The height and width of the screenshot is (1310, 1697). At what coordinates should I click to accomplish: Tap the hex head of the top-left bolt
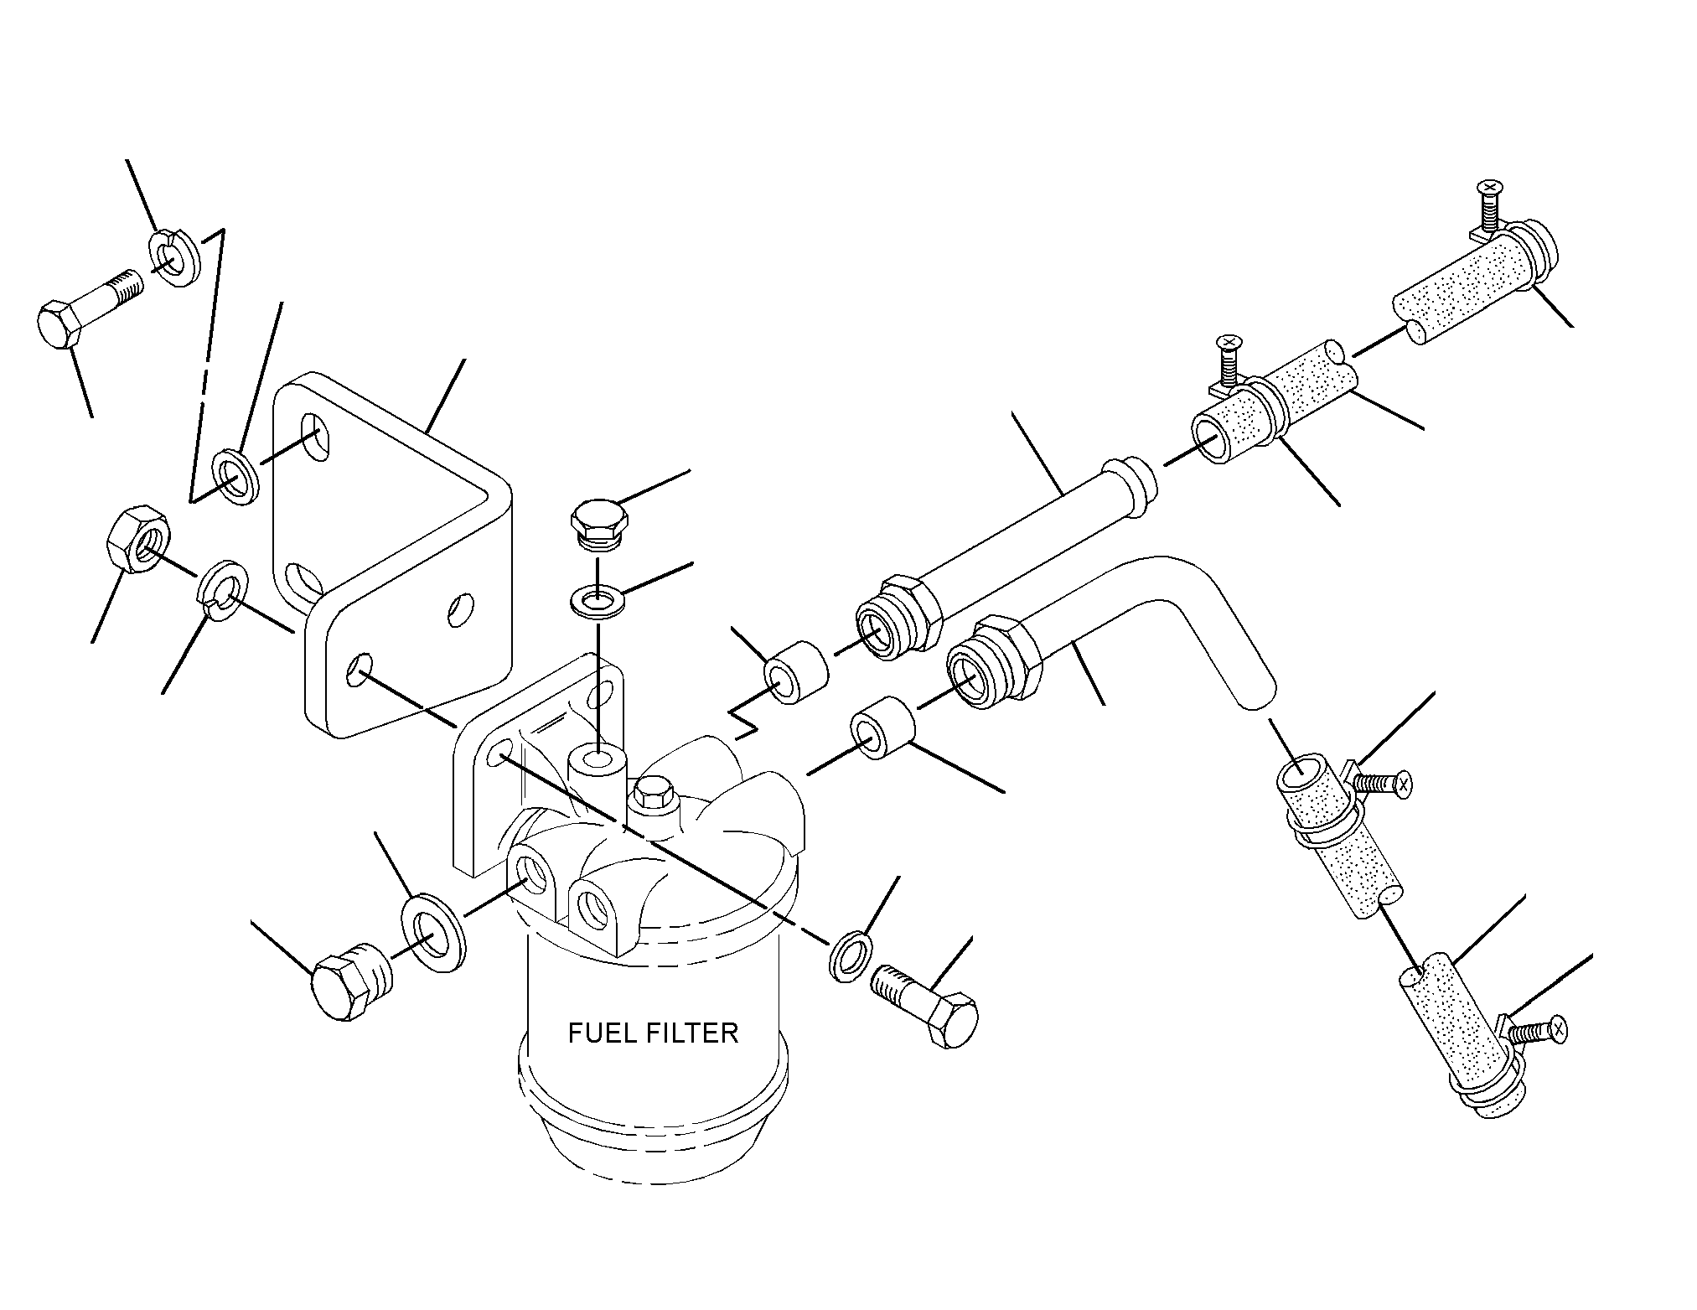[x=60, y=324]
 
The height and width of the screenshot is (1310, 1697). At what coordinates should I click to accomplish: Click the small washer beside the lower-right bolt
[x=850, y=954]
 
